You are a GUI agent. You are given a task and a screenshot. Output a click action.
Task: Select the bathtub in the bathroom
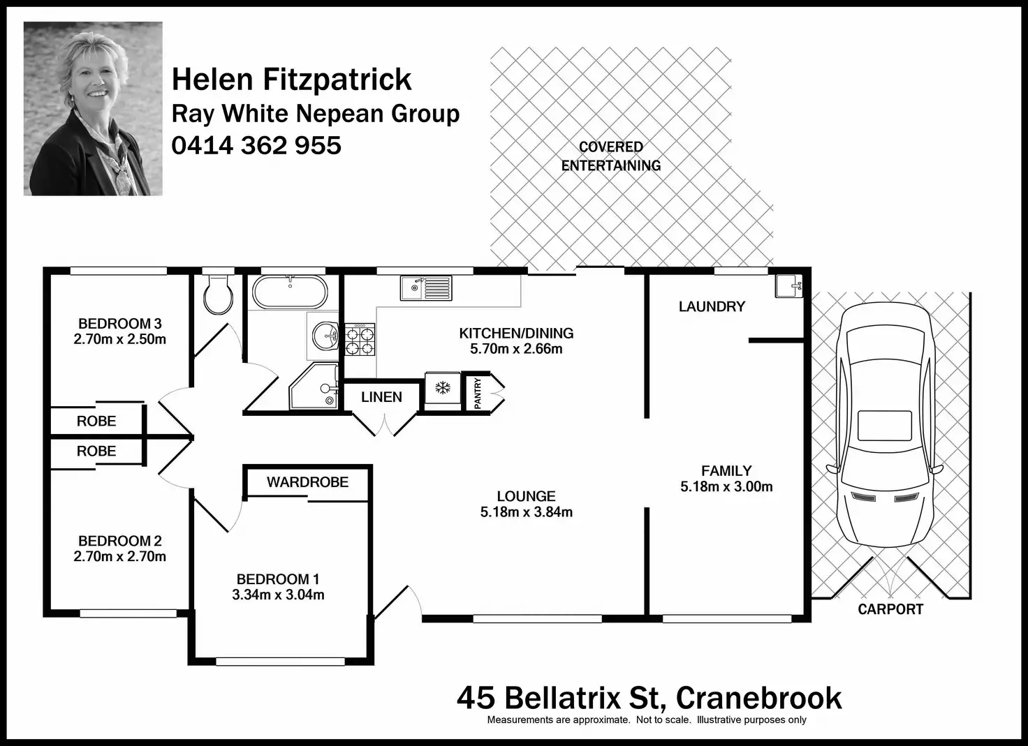pyautogui.click(x=289, y=292)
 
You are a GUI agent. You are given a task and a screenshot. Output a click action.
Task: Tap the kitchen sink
pyautogui.click(x=425, y=288)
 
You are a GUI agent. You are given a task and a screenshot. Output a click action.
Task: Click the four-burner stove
pyautogui.click(x=360, y=340)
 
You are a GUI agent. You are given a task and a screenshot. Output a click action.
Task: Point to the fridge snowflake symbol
pyautogui.click(x=443, y=388)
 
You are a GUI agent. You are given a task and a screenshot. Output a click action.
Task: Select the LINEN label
pyautogui.click(x=381, y=397)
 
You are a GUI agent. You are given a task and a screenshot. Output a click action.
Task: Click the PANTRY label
pyautogui.click(x=478, y=392)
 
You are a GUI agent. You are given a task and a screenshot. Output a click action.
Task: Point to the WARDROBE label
pyautogui.click(x=307, y=482)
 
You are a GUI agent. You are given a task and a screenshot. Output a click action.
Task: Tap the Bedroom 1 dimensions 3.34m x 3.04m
pyautogui.click(x=278, y=595)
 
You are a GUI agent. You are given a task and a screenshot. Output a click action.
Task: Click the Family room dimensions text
pyautogui.click(x=726, y=487)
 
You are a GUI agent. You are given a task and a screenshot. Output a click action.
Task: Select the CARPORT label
pyautogui.click(x=890, y=609)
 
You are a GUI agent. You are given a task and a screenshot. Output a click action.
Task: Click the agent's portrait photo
pyautogui.click(x=93, y=108)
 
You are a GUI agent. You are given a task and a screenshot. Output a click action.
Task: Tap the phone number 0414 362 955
pyautogui.click(x=256, y=145)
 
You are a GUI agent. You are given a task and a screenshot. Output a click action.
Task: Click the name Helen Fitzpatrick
pyautogui.click(x=291, y=80)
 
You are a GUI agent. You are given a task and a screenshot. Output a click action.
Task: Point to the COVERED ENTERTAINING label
pyautogui.click(x=611, y=156)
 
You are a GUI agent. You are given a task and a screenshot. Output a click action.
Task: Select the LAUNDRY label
pyautogui.click(x=712, y=306)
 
